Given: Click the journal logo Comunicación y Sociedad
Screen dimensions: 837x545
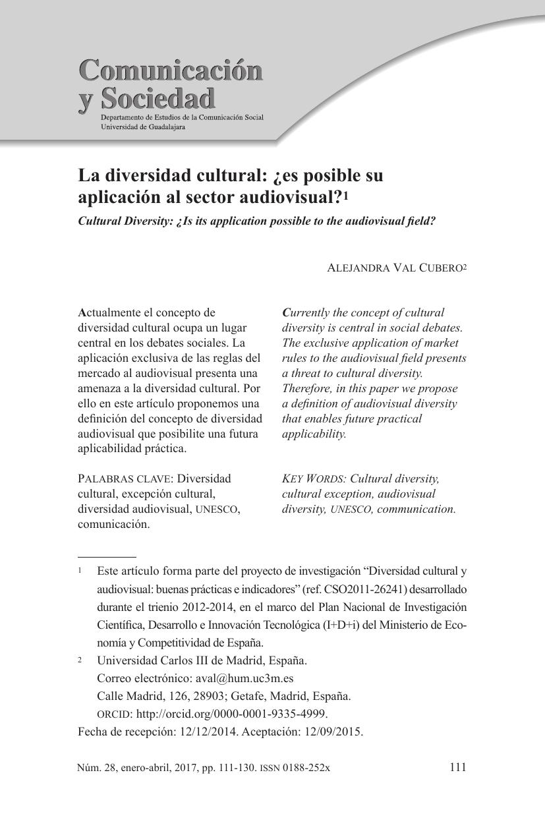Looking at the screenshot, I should coord(170,84).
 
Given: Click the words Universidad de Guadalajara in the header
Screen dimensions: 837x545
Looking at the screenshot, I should coord(142,127).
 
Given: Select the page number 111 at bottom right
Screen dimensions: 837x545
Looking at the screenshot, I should coord(457,767).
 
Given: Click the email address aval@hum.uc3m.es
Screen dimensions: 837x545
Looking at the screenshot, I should coord(244,678).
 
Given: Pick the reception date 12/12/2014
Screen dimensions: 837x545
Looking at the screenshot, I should coord(206,732).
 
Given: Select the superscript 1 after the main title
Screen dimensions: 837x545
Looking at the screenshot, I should coord(346,197).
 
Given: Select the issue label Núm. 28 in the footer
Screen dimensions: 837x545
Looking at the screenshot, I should coord(95,768).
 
